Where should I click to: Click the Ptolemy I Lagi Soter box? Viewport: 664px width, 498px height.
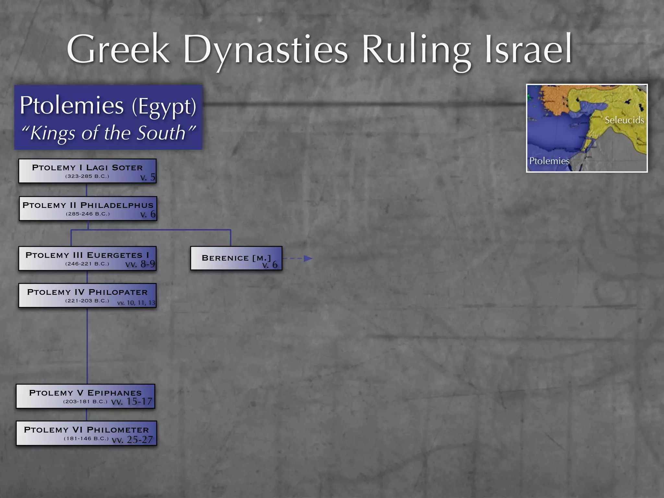(87, 171)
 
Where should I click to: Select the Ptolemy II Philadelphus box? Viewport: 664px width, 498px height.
(88, 208)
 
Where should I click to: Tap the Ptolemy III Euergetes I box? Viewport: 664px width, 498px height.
(87, 258)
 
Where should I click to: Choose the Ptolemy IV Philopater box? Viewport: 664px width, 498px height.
(87, 295)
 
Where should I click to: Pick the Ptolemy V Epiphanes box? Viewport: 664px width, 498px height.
(86, 396)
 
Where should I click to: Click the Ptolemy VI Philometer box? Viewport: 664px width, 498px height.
(86, 433)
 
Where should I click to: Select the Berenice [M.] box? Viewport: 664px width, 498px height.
(236, 258)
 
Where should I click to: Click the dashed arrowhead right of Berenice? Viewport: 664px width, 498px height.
(308, 258)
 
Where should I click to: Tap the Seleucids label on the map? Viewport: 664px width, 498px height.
(624, 120)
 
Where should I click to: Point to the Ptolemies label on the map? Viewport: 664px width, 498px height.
(549, 161)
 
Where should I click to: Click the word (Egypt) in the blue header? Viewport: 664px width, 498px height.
(164, 106)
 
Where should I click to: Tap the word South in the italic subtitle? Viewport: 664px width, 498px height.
(161, 133)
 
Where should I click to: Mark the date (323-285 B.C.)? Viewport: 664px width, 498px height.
(87, 176)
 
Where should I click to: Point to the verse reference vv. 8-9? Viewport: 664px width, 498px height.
(140, 264)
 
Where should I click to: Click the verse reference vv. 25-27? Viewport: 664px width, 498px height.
(132, 440)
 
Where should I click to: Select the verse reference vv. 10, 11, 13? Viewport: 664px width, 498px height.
(136, 303)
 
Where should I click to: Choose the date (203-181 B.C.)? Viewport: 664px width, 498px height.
(85, 401)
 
